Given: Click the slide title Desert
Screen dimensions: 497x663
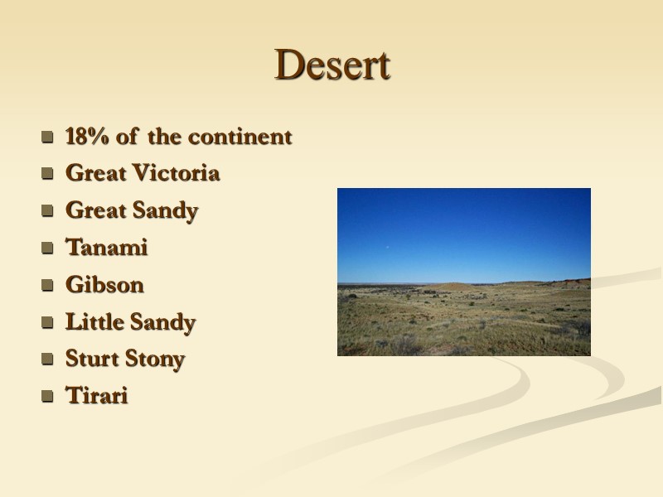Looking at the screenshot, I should [332, 65].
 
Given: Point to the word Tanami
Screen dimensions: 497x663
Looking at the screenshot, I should [106, 248].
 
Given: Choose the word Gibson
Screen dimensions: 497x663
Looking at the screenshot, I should [104, 285].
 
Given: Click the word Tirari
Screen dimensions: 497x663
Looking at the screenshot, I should [96, 397].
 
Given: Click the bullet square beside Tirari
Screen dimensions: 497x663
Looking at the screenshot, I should [47, 398].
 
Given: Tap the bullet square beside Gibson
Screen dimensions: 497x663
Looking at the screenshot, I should [47, 286].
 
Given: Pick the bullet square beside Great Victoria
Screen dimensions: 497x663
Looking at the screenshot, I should [47, 175].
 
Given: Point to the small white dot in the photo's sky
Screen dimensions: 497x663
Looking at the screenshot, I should [388, 245].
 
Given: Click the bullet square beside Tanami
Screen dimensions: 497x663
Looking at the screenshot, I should [47, 248].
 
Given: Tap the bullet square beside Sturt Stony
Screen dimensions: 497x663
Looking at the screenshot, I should [47, 360].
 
